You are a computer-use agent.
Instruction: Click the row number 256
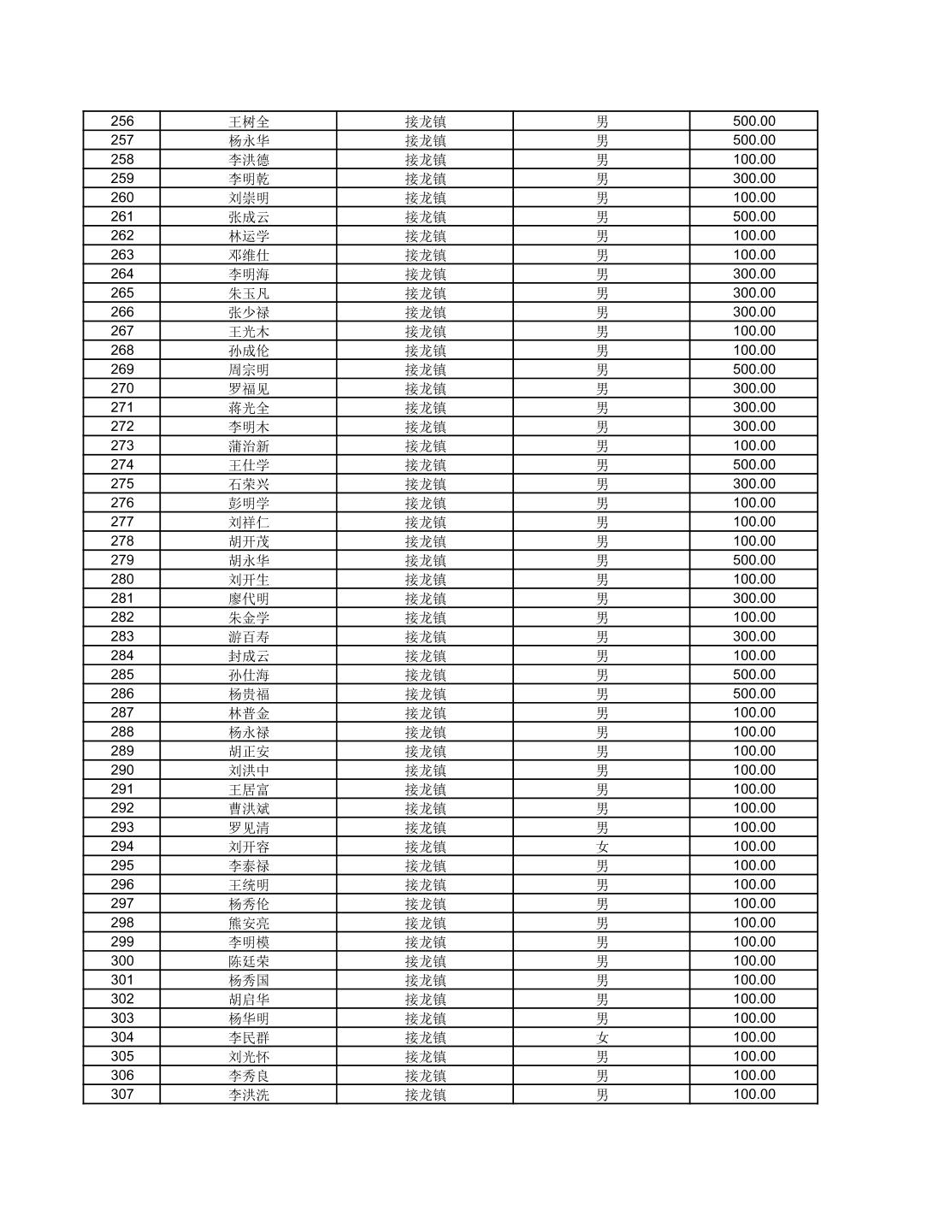click(122, 121)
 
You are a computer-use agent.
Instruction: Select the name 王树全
click(249, 121)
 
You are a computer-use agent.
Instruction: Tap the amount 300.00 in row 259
click(753, 179)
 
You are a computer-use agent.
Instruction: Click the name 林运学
click(249, 236)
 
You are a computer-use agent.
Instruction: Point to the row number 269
click(122, 369)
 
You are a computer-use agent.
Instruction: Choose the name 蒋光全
click(249, 408)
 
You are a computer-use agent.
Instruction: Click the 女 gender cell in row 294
click(602, 847)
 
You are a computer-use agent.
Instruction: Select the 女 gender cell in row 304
click(602, 1037)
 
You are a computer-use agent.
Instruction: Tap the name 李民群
click(249, 1037)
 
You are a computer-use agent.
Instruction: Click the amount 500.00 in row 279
click(753, 560)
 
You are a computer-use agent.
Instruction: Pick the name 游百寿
click(249, 636)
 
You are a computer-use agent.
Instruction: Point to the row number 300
click(122, 961)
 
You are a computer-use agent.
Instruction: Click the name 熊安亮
click(249, 923)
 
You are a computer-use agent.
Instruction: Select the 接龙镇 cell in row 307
click(425, 1095)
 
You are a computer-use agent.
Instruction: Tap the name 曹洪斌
click(249, 808)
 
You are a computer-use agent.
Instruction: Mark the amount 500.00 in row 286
click(753, 694)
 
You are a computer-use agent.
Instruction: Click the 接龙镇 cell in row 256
click(425, 121)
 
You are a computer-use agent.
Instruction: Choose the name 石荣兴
click(249, 484)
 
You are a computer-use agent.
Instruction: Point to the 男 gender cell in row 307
click(602, 1095)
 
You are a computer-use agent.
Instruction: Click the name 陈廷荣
click(249, 961)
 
